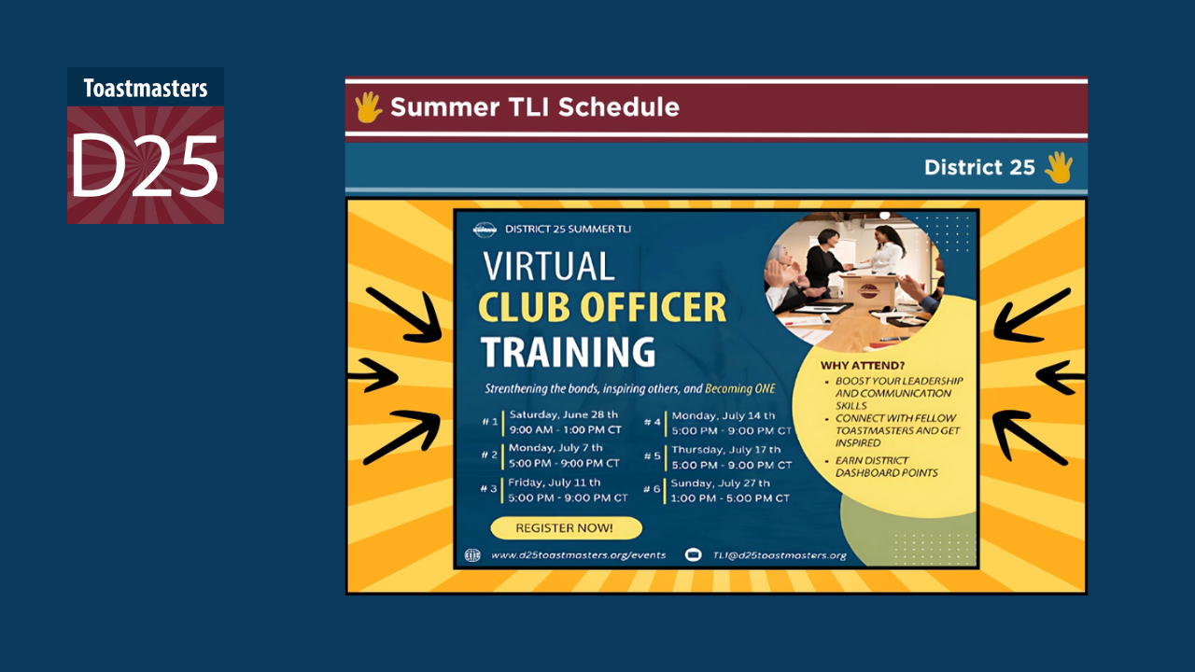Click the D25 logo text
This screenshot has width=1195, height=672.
coord(145,165)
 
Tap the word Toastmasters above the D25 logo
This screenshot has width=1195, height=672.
coord(145,89)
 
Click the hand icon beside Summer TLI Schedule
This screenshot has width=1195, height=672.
coord(368,107)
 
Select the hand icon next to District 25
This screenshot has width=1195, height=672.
coord(1059,168)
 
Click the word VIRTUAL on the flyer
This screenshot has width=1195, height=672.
coord(549,267)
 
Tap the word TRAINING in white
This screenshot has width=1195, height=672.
coord(568,352)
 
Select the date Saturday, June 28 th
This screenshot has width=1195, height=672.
coord(563,413)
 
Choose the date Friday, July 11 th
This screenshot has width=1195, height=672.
coord(555,483)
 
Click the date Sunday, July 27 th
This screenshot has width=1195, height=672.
coord(721,483)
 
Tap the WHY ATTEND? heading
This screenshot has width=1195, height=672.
coord(863,365)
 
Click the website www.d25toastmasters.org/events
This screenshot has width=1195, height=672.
coord(578,555)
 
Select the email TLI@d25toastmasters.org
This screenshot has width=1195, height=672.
coord(780,555)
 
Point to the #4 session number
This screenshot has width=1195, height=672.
coord(653,422)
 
